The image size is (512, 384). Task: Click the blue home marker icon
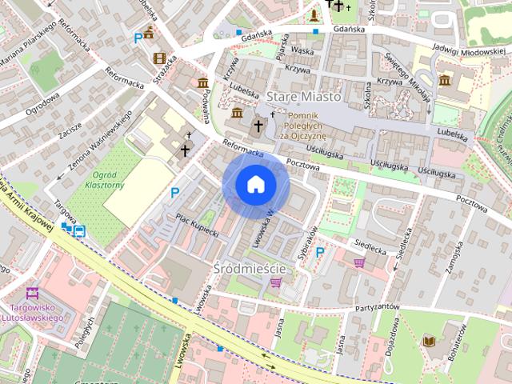[x=255, y=184]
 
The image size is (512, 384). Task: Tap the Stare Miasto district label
[x=304, y=96]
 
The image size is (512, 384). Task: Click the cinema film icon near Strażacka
[x=159, y=58]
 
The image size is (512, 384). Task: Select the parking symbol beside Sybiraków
[x=321, y=252]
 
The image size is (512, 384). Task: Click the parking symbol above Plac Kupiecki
[x=174, y=192]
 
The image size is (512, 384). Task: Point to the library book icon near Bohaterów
[x=428, y=341]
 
